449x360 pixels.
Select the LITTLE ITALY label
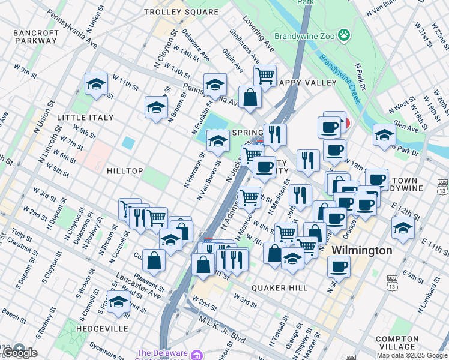pos(85,118)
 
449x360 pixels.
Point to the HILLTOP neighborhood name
pos(125,171)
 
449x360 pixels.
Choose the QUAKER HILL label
pos(280,288)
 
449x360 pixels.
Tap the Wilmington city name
pos(363,250)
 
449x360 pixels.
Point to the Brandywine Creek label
pos(339,78)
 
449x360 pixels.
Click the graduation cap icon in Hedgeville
pos(118,302)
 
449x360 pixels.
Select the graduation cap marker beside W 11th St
pos(96,85)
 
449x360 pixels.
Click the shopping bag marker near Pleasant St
pos(154,260)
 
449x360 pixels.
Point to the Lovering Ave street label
pos(259,35)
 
